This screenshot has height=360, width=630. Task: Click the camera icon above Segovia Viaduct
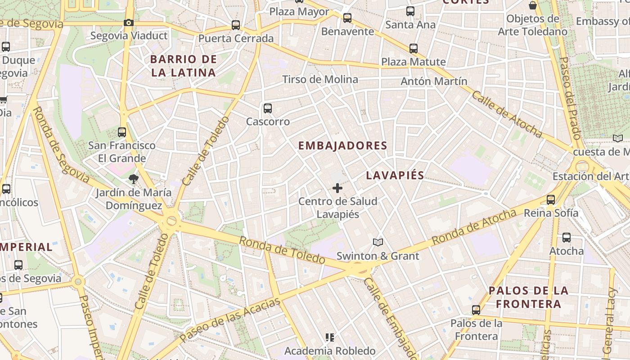coord(129,22)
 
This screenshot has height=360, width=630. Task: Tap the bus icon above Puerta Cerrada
coord(236,25)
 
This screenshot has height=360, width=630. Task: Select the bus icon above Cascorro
coord(268,108)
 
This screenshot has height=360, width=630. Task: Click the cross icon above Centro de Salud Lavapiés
coord(337,188)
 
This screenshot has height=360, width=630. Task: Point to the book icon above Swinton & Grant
coord(378,243)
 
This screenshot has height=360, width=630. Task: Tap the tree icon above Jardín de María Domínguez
coord(134,179)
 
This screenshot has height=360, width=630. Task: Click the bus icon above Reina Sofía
coord(551,200)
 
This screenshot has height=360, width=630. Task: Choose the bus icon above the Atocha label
coord(567,238)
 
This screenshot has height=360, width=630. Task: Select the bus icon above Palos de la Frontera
coord(476,310)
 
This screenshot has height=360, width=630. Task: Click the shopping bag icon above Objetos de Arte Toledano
coord(533,6)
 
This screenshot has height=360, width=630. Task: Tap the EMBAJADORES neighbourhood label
coord(342,145)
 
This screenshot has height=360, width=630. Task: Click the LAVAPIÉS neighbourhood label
coord(395,175)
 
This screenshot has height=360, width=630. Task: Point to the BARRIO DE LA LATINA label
coord(184,66)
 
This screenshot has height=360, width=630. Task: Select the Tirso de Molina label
coord(320,80)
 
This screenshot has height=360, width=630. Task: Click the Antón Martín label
coord(434,81)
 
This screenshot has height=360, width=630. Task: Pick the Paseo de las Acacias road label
coord(230,320)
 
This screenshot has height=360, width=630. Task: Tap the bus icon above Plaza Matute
coord(414,49)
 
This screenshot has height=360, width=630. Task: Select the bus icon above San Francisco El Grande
coord(122,132)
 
